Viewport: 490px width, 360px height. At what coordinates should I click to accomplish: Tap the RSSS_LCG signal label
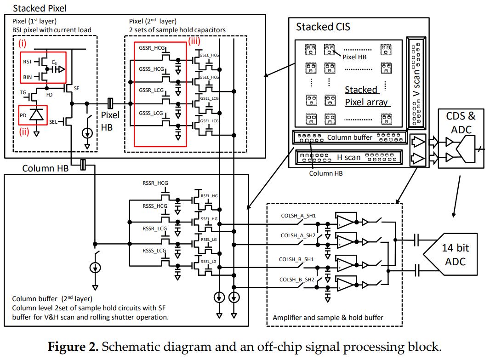click(155, 251)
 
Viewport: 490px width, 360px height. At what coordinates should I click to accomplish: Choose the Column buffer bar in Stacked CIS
click(349, 137)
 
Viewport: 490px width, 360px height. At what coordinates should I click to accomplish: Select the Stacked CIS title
click(323, 26)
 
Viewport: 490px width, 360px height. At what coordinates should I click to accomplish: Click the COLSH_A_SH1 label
click(297, 215)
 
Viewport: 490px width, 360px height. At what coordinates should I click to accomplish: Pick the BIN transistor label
click(28, 78)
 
